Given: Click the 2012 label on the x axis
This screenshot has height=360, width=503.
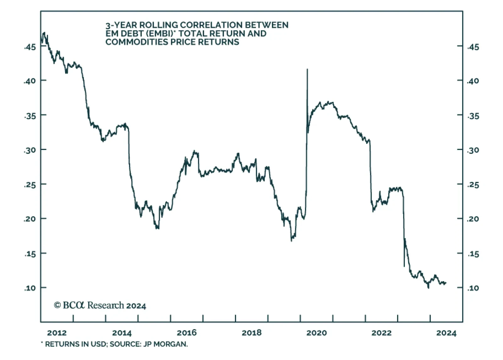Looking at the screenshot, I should pyautogui.click(x=57, y=333).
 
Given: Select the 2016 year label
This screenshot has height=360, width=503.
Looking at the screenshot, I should pyautogui.click(x=187, y=333).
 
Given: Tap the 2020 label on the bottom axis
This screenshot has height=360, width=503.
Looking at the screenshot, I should pyautogui.click(x=317, y=333).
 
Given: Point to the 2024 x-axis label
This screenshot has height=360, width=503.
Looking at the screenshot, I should pyautogui.click(x=446, y=333).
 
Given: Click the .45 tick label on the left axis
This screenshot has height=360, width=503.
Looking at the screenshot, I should pyautogui.click(x=30, y=47).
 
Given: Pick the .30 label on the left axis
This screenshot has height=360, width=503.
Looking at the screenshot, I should pyautogui.click(x=30, y=150).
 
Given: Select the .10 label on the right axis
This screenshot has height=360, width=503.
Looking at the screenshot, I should pyautogui.click(x=473, y=288).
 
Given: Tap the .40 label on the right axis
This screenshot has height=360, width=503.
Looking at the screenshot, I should pyautogui.click(x=473, y=81).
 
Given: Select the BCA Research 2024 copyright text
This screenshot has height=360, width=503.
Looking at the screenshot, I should pyautogui.click(x=100, y=305).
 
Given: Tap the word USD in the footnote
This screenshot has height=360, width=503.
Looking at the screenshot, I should pyautogui.click(x=99, y=344).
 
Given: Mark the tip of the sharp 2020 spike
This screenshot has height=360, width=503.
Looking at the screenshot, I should pyautogui.click(x=307, y=69).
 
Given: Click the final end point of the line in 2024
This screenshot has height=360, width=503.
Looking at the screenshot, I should pyautogui.click(x=446, y=283).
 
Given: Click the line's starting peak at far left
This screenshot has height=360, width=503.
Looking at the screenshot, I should pyautogui.click(x=44, y=33).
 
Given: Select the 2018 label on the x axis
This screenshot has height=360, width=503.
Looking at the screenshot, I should pyautogui.click(x=251, y=333).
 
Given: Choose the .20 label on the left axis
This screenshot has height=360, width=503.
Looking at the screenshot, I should pyautogui.click(x=30, y=219).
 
